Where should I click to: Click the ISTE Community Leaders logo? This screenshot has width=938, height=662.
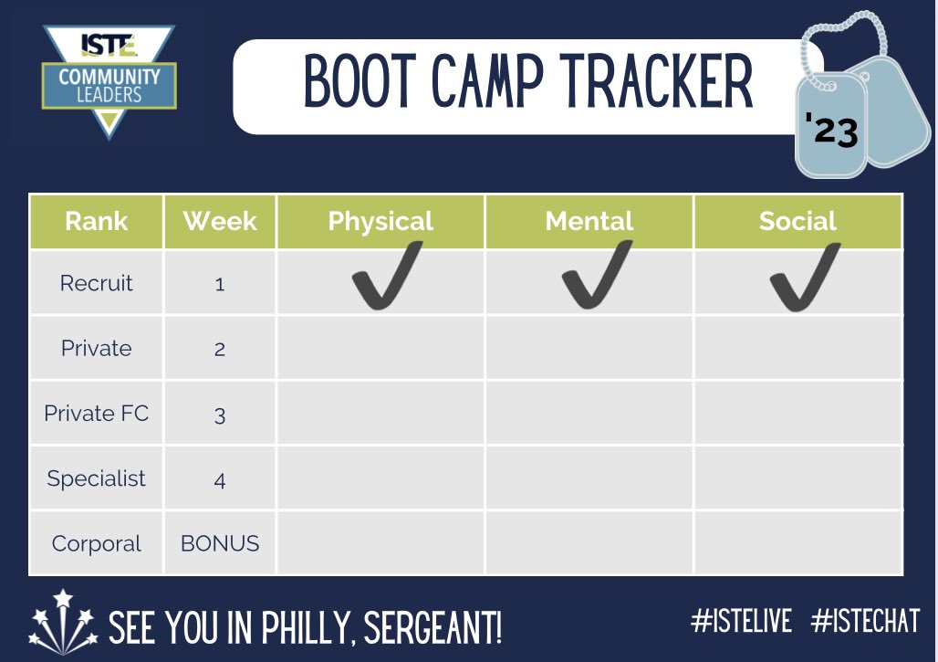[109, 80]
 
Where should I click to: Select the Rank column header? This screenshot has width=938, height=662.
[97, 221]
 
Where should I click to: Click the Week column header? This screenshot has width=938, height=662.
[220, 221]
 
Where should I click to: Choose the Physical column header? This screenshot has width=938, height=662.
[380, 221]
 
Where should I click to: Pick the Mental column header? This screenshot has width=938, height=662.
[589, 221]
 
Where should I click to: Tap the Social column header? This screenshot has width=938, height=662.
[797, 221]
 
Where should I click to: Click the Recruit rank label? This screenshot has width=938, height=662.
[97, 283]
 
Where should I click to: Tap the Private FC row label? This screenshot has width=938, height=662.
[97, 414]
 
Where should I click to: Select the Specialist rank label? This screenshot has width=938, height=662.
[97, 478]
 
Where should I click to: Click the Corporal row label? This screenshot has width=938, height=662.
[97, 544]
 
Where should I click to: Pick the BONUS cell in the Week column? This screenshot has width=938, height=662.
[220, 544]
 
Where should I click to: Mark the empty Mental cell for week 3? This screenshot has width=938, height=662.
[589, 414]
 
